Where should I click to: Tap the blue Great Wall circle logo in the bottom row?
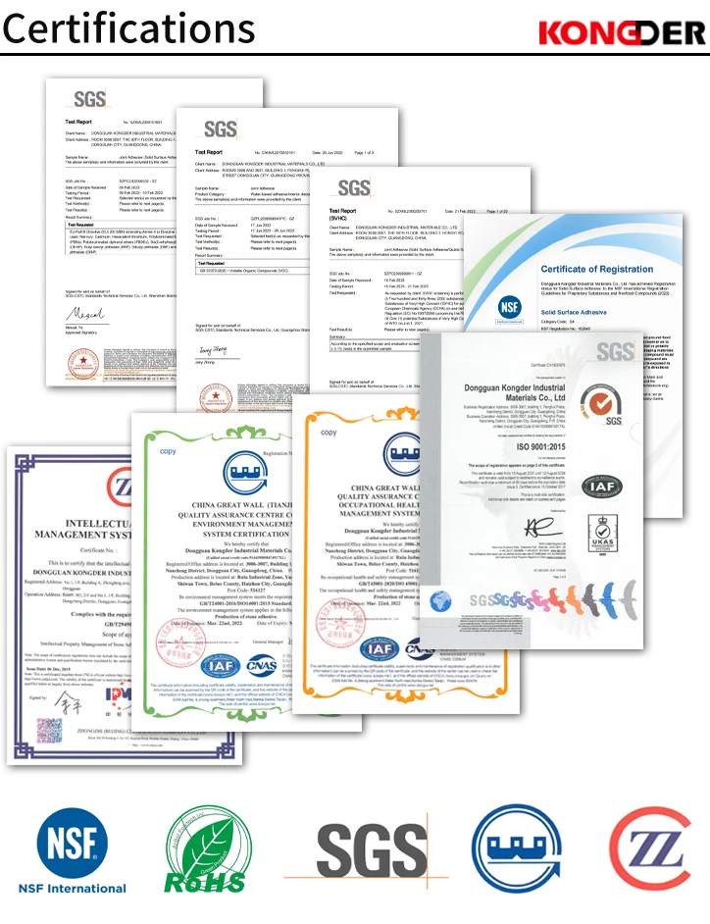[x=507, y=848]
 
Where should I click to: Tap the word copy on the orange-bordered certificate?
[x=329, y=433]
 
